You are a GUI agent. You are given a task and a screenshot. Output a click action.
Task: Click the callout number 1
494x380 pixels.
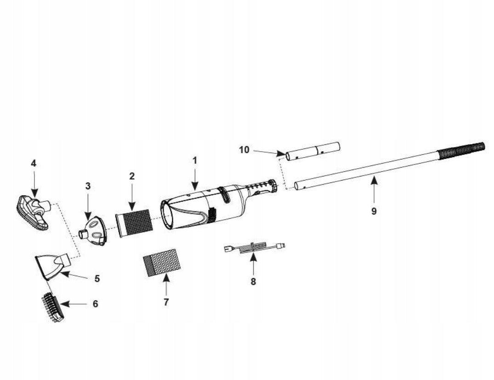(195, 161)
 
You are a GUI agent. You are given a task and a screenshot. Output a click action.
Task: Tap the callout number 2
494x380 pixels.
(132, 176)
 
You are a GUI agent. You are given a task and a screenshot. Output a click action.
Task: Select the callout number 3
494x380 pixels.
(88, 186)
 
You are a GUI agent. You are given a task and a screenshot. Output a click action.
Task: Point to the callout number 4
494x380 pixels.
(34, 163)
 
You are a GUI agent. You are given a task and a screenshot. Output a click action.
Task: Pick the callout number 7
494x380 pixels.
(166, 302)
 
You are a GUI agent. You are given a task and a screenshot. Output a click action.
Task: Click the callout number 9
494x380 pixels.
(374, 211)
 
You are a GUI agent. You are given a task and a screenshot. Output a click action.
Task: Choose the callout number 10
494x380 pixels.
(244, 150)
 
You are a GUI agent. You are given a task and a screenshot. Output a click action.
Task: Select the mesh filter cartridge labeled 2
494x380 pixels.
(134, 222)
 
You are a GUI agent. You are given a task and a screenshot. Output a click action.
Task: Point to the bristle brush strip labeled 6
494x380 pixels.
(52, 307)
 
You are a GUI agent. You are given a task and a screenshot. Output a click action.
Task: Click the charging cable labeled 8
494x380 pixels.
(255, 247)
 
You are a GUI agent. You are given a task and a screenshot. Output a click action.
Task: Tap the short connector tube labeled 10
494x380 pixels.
(312, 152)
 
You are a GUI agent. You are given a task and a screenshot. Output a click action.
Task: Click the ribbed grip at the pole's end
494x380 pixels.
(461, 151)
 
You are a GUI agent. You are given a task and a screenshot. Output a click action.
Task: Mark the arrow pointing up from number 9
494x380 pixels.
(374, 189)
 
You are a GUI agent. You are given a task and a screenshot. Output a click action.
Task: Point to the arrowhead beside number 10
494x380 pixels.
(281, 154)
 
